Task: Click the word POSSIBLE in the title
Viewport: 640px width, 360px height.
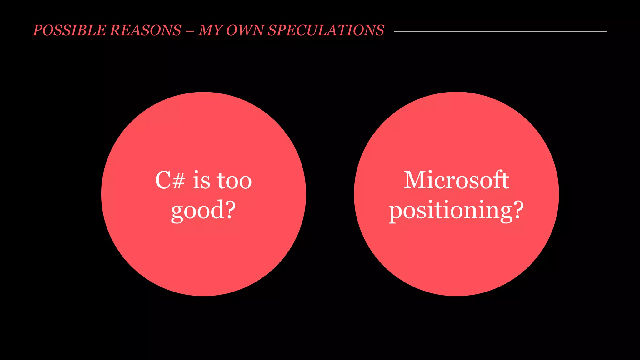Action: coord(69,30)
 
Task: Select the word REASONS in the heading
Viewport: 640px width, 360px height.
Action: coord(146,30)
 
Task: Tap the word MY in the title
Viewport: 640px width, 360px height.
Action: coord(210,30)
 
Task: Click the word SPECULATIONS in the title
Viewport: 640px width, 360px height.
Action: coord(326,30)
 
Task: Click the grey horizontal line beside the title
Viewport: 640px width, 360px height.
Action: coord(500,31)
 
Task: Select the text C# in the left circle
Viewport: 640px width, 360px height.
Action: coord(170,181)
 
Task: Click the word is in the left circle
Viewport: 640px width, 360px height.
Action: coord(202,181)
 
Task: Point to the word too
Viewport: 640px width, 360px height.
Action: coord(234,181)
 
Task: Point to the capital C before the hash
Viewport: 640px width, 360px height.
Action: coord(163,181)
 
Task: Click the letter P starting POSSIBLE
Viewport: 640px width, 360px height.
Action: coord(38,30)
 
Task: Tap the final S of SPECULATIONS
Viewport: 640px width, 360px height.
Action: coord(379,30)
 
